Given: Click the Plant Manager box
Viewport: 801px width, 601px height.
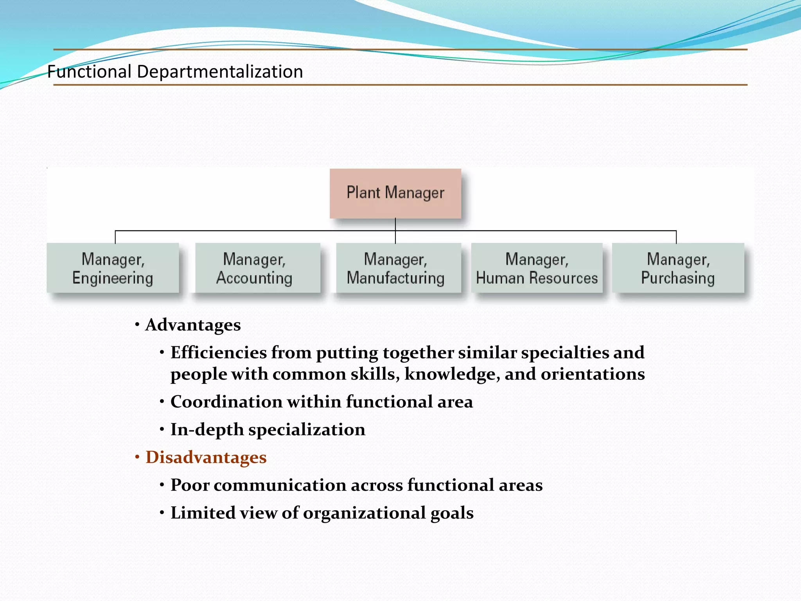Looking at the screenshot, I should pos(395,193).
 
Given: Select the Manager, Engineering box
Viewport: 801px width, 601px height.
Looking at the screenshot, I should pos(113,268).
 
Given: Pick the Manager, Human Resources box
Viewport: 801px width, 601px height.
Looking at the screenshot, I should pos(537,268).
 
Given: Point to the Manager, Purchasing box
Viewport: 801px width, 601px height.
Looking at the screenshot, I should pos(678,268).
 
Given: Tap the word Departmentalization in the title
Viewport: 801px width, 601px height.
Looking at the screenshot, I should pos(220,72).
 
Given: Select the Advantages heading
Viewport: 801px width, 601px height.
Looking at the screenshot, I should pos(193,325).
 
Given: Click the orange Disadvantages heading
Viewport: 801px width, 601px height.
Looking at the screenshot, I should pos(206,457).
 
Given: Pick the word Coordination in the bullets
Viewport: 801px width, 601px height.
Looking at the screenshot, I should pos(226,402).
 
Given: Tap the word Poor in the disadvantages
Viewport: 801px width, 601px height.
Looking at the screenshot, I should pos(190,485).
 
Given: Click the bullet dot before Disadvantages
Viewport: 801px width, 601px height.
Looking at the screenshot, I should pos(137,457).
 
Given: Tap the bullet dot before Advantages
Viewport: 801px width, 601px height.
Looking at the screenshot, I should pos(137,324).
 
